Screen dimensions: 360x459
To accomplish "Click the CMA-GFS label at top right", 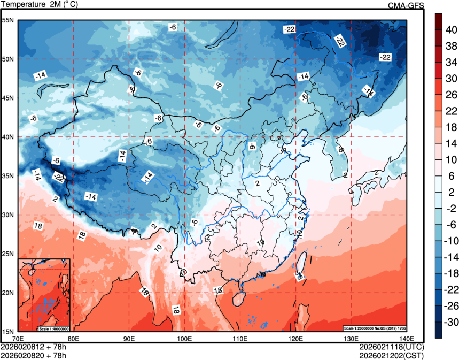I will [406, 5].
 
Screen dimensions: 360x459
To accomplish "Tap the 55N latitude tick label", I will [8, 20].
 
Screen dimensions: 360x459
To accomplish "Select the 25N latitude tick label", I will [8, 254].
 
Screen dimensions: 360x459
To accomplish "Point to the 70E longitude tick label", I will [18, 338].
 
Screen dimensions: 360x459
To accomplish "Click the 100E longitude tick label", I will [184, 338].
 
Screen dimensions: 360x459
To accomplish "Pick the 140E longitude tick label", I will [406, 338].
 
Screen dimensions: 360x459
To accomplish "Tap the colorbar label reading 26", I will [450, 94].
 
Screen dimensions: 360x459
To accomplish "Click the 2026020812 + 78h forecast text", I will [33, 347].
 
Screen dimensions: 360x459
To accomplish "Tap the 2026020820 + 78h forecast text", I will [33, 354].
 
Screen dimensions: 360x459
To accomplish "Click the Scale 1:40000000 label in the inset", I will [54, 328].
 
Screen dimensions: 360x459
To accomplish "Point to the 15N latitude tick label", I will [8, 331].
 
